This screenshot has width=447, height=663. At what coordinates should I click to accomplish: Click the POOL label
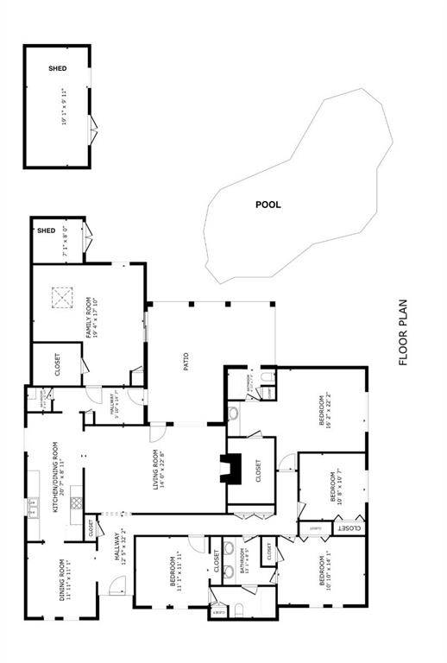click(268, 205)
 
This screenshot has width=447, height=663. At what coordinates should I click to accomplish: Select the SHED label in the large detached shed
click(57, 68)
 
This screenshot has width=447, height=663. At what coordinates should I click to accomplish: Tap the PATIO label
click(185, 362)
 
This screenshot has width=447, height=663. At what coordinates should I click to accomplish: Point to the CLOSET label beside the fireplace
click(256, 470)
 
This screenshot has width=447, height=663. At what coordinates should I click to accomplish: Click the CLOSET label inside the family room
click(57, 367)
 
